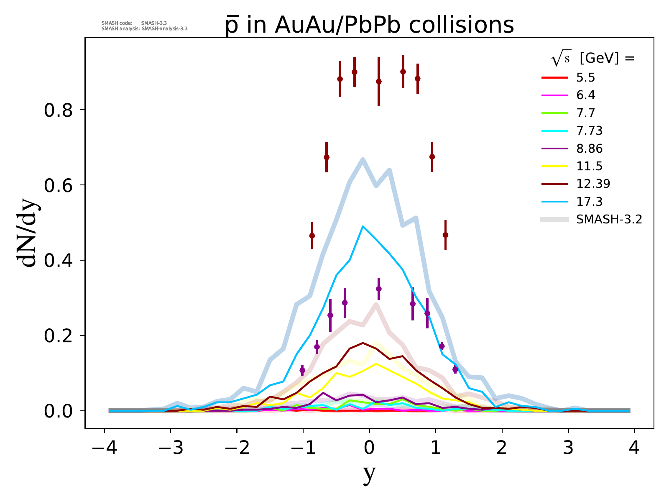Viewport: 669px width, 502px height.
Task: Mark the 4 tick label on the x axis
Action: click(634, 448)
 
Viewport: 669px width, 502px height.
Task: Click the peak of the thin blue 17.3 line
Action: click(363, 226)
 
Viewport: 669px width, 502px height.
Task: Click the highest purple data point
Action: click(379, 289)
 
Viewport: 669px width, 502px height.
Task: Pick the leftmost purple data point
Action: click(302, 370)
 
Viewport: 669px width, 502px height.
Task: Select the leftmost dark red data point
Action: click(312, 236)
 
